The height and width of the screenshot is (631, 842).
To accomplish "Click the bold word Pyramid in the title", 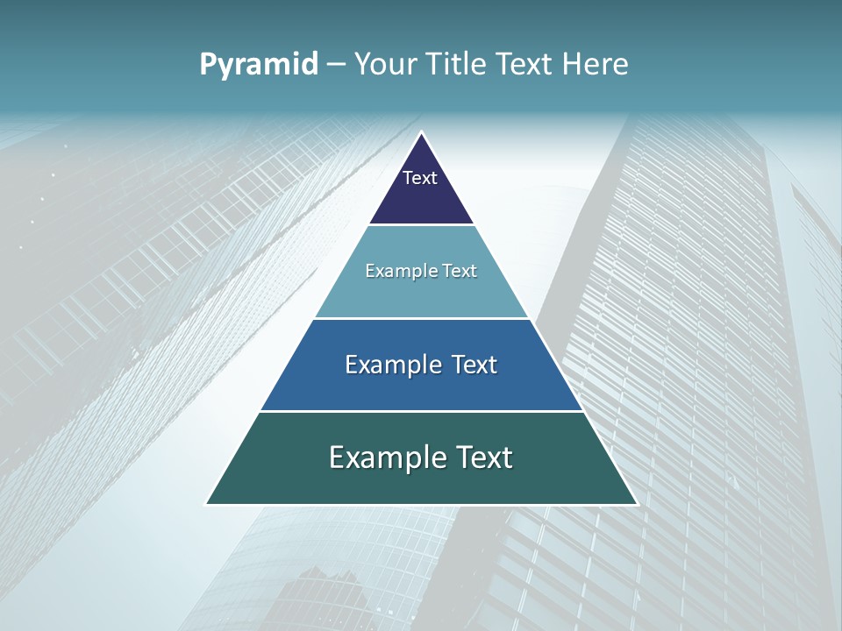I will pos(259,65).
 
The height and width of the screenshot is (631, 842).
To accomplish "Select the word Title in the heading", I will pos(460,64).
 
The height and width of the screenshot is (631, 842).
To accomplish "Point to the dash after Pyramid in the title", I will pos(336,65).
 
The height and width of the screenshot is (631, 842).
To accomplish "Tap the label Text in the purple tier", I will pos(420,178).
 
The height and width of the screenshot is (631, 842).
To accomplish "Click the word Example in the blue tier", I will pos(391,365).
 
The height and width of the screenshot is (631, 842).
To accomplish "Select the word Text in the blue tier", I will pos(475,365).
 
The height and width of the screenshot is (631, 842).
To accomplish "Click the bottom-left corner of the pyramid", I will pos(207,504).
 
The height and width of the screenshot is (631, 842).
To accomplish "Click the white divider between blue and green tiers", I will pos(421,411).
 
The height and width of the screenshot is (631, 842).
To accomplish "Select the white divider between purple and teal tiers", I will pos(421,225).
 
